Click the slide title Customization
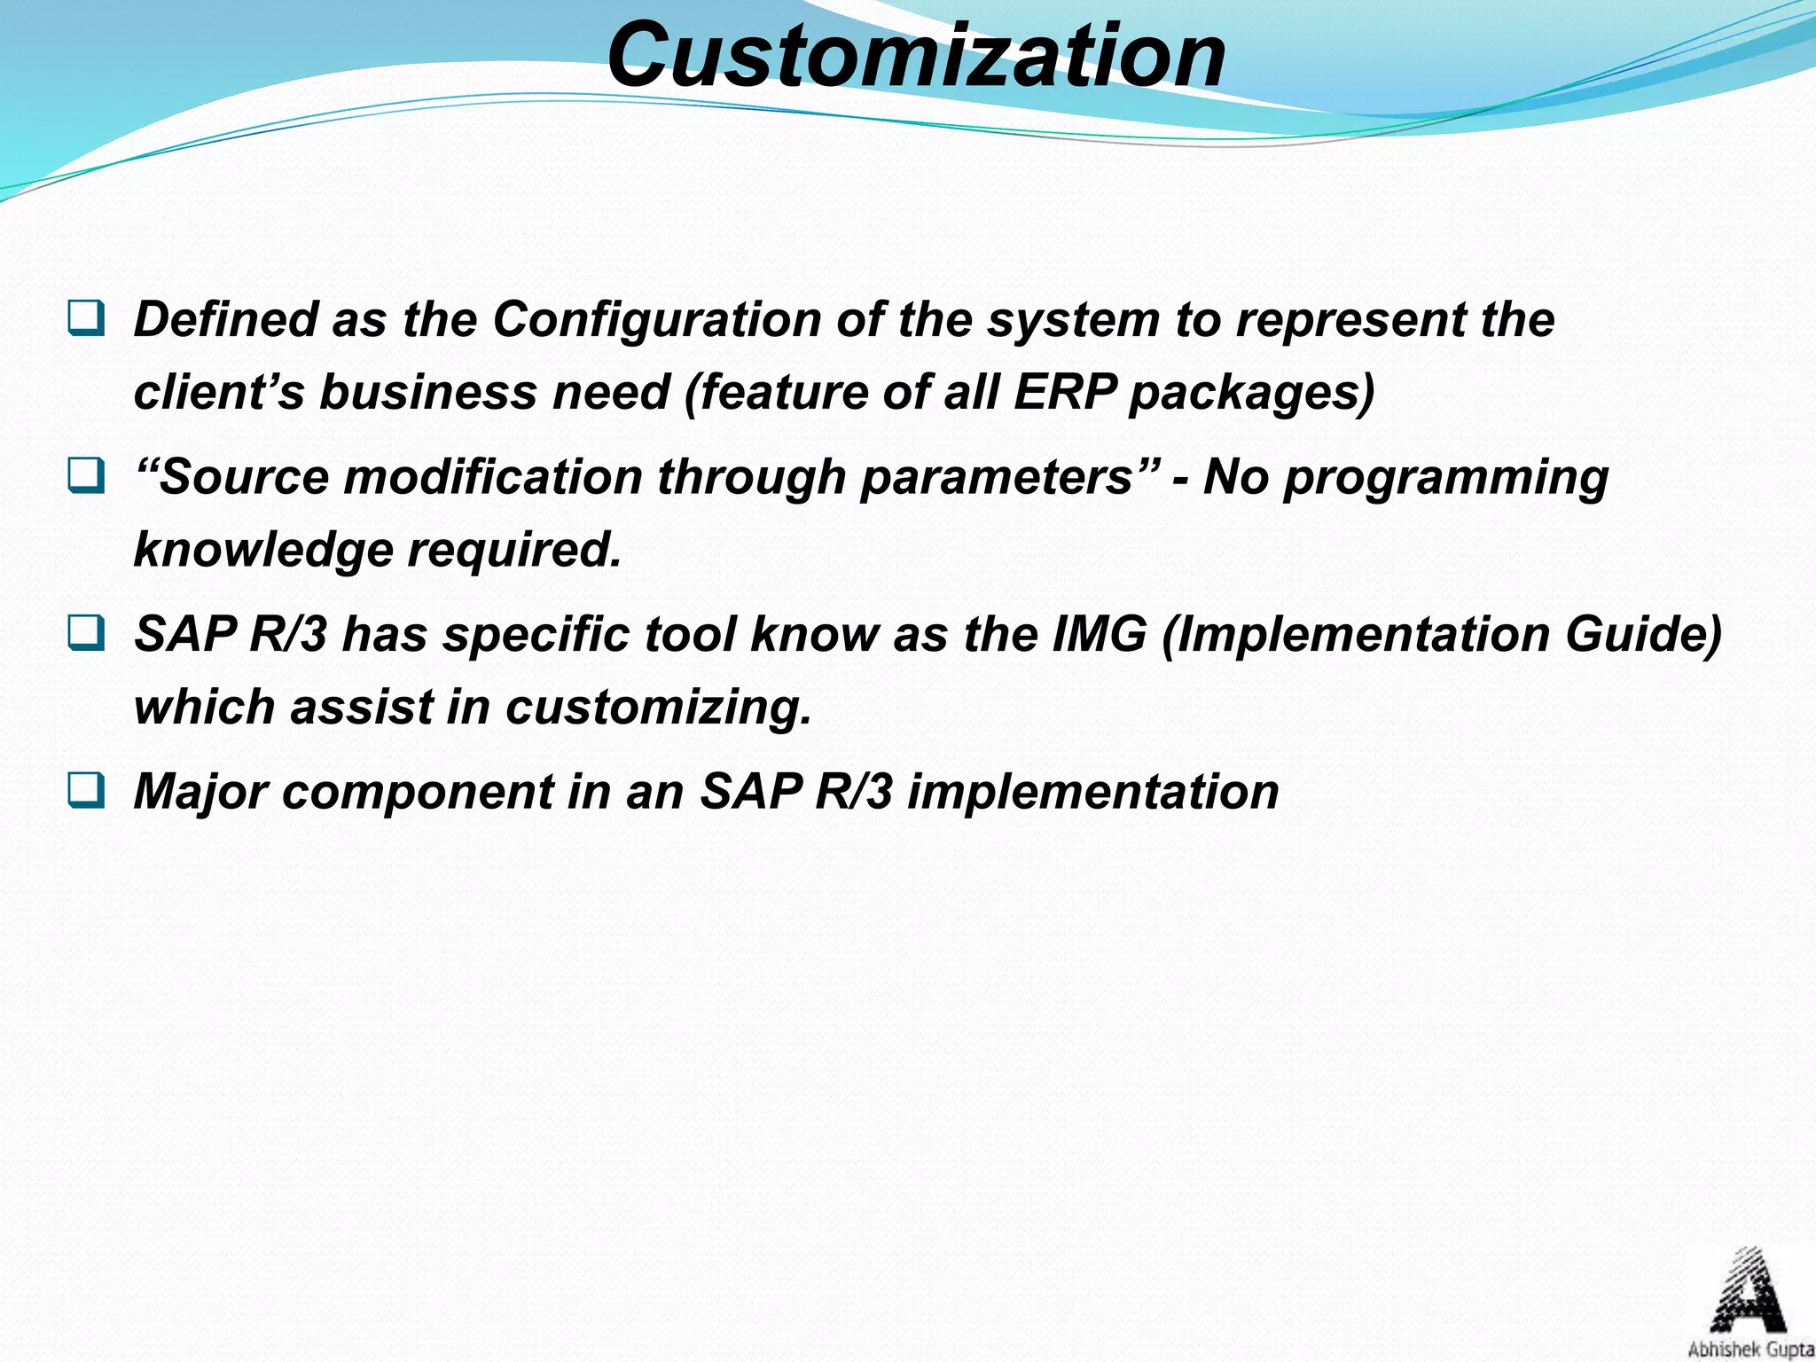click(916, 55)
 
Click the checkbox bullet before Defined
click(86, 318)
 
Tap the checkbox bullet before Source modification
click(86, 476)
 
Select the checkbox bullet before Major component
click(86, 790)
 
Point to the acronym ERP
click(1064, 392)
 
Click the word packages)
click(1251, 394)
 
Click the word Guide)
click(1643, 635)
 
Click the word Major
click(200, 792)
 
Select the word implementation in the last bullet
click(1093, 792)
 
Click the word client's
click(218, 392)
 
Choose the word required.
click(514, 551)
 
